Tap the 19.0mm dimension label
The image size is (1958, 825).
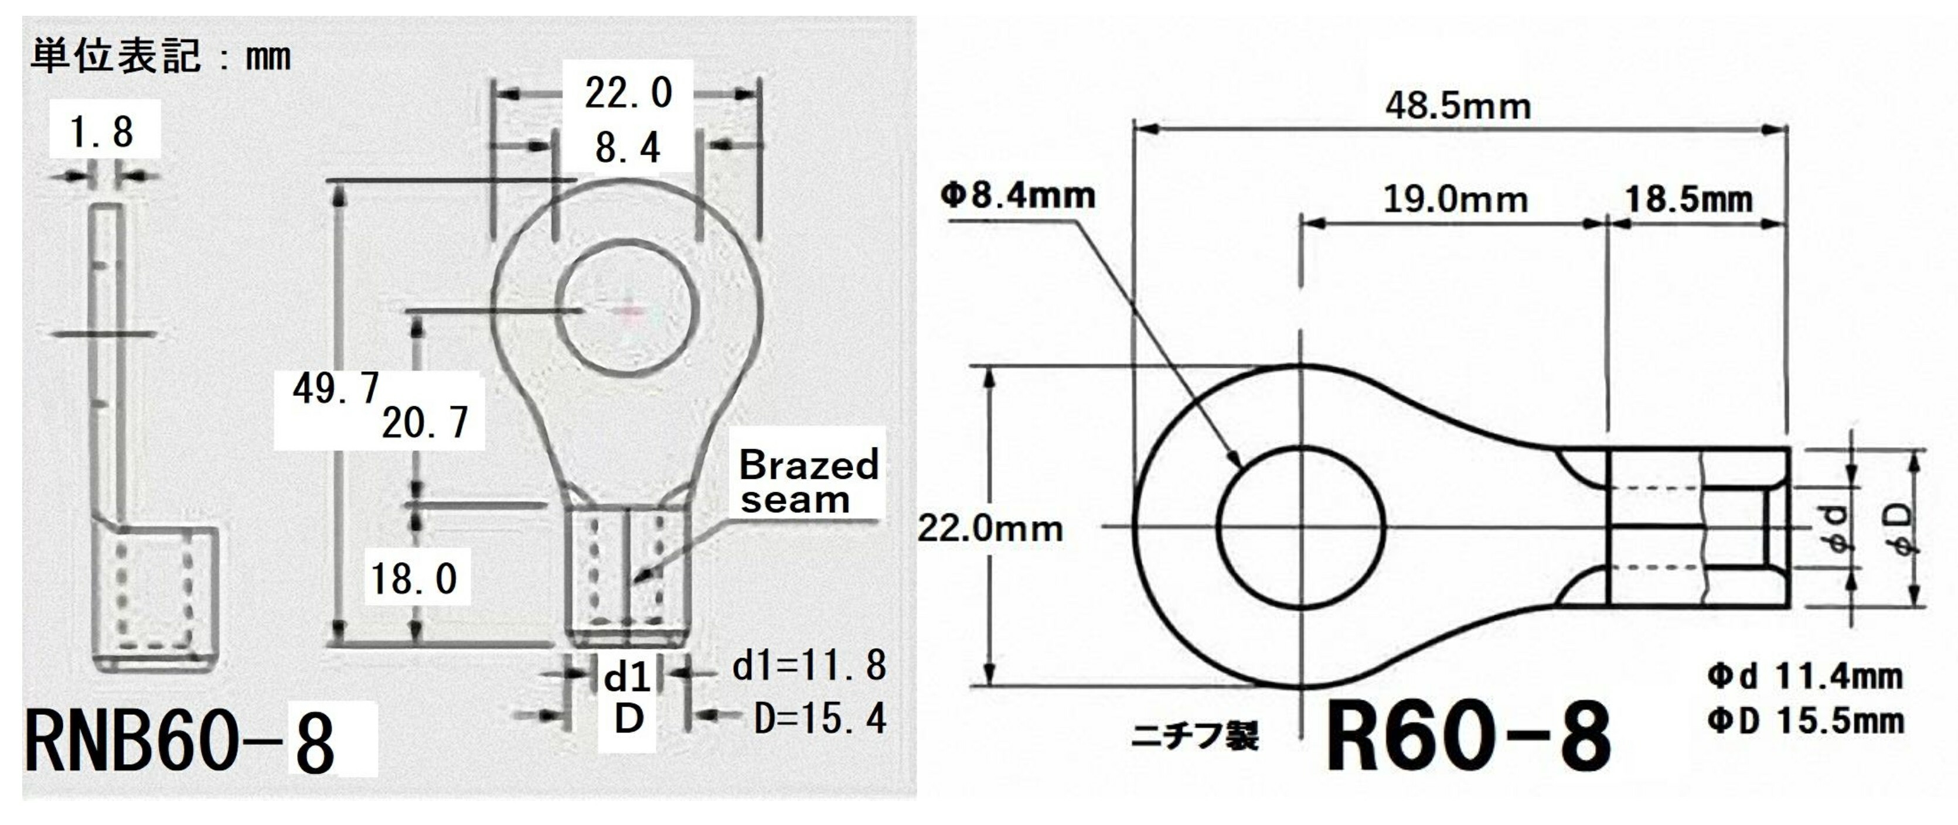click(x=1455, y=200)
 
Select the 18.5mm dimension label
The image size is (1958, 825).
click(x=1689, y=200)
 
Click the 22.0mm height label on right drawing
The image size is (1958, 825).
click(x=990, y=528)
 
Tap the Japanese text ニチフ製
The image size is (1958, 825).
click(x=1195, y=735)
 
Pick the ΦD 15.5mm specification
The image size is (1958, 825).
click(x=1805, y=721)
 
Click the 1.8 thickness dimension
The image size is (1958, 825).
click(x=102, y=132)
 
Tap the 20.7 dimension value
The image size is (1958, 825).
click(x=425, y=423)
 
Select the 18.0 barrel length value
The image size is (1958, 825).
click(x=414, y=580)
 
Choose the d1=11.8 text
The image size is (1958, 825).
click(x=809, y=666)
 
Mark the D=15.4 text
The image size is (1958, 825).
click(x=819, y=718)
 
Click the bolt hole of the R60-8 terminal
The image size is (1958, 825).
click(x=1301, y=527)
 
